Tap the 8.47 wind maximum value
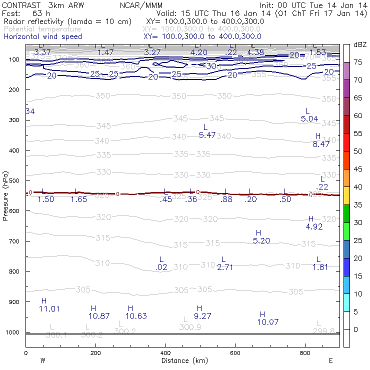pyautogui.click(x=321, y=144)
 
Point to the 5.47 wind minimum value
pyautogui.click(x=207, y=135)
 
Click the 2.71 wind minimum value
pyautogui.click(x=225, y=267)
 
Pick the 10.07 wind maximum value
pyautogui.click(x=267, y=322)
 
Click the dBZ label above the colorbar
pyautogui.click(x=359, y=44)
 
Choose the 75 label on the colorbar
pyautogui.click(x=358, y=62)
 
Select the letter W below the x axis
pyautogui.click(x=43, y=360)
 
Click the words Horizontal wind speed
pyautogui.click(x=42, y=36)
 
